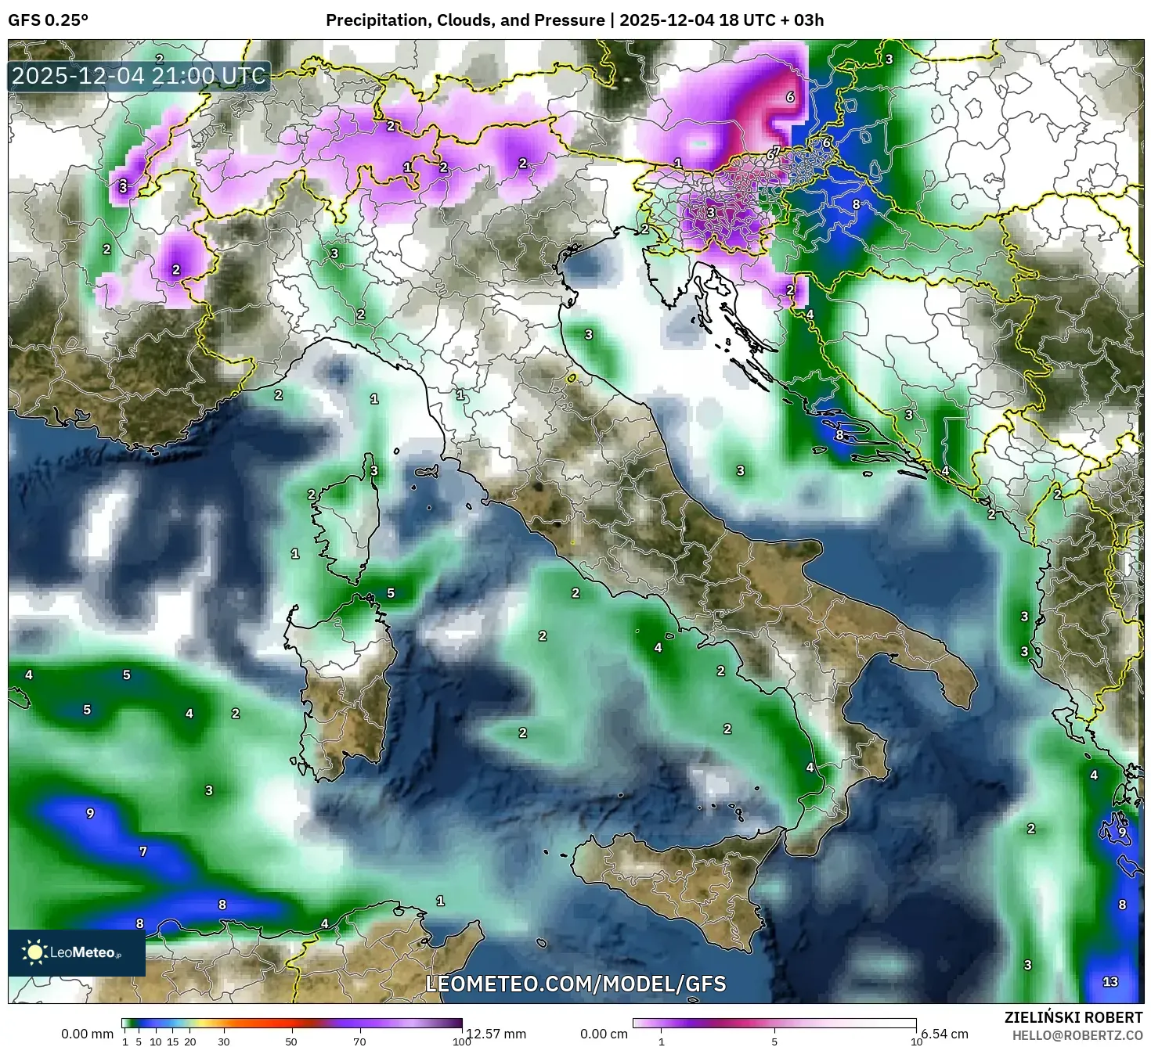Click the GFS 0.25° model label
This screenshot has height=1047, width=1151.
click(48, 20)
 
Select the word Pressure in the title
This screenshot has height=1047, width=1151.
click(574, 20)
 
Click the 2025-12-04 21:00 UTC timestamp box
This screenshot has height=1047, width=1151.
click(139, 77)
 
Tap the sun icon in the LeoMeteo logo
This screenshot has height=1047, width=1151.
click(34, 952)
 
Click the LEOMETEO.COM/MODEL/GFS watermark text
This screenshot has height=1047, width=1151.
click(575, 984)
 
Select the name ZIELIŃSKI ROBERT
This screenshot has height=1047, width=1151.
click(1073, 1017)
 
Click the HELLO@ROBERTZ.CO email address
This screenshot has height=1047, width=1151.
click(1076, 1035)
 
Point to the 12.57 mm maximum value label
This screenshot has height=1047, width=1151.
click(496, 1034)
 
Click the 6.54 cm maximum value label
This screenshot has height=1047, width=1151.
click(944, 1034)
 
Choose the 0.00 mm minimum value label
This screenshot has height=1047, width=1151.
click(87, 1034)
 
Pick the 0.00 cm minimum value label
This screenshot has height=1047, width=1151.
click(604, 1034)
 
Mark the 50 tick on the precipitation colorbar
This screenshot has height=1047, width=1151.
click(291, 1041)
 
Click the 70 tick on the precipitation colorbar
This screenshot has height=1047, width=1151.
click(359, 1041)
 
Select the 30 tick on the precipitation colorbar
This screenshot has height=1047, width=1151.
click(224, 1041)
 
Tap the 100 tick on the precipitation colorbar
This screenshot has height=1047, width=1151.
click(462, 1041)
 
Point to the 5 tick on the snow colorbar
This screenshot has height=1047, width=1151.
click(774, 1041)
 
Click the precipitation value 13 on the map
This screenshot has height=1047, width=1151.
click(1110, 981)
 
